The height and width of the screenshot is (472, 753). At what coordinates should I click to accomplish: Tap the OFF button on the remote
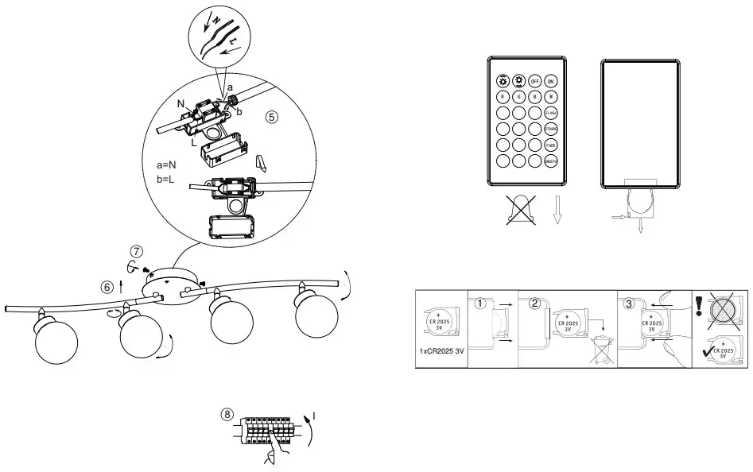click(534, 81)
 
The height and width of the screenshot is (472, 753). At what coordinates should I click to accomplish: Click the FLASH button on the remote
click(549, 113)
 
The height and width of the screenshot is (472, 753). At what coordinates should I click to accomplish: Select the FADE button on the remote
click(549, 145)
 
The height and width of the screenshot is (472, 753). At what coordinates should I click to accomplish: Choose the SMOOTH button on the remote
click(549, 161)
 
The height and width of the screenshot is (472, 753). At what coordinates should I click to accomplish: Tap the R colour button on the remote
click(503, 97)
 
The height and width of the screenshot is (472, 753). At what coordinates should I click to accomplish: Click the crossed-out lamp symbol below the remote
click(519, 210)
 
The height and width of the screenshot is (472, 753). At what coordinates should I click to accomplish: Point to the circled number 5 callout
click(271, 116)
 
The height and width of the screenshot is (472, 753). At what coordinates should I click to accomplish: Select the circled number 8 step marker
click(228, 414)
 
